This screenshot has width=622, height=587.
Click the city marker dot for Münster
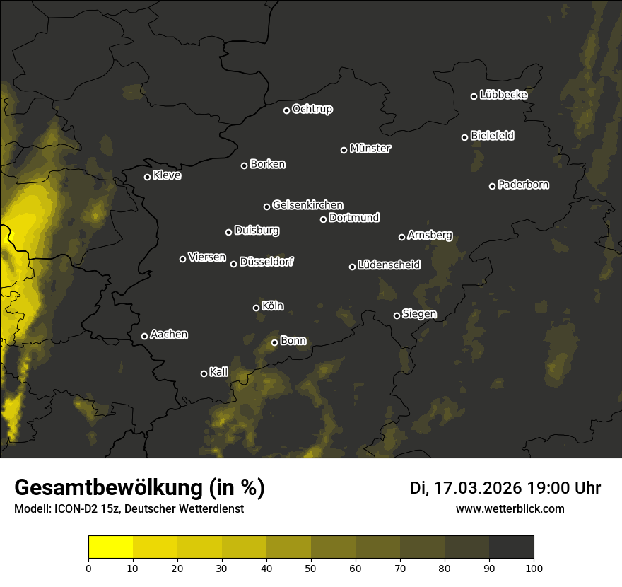point(344,150)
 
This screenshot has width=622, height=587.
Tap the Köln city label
point(273,306)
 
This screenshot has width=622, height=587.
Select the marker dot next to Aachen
point(144,336)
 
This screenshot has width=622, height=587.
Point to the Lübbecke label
point(503,95)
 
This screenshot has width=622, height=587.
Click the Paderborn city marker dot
point(493,186)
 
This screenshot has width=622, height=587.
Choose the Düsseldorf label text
point(266,262)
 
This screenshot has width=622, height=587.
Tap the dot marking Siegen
point(397,315)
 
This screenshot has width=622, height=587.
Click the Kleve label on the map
point(167,175)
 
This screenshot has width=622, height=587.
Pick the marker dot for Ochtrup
point(286,110)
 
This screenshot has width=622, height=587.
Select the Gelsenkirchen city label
point(307,205)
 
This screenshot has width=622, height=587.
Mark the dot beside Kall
point(204,373)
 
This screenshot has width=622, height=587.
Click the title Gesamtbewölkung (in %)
point(139,488)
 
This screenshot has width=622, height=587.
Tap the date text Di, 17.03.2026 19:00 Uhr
point(505,488)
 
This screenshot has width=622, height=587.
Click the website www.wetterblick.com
point(510,508)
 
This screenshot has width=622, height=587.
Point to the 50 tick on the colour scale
point(311,567)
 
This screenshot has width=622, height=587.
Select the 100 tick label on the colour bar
point(534,567)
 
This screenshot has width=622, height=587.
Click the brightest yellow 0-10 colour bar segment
point(111,547)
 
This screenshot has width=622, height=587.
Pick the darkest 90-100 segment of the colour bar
point(511,547)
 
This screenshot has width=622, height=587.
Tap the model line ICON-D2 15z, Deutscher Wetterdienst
point(129,509)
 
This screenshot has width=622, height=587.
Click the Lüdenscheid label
point(389,265)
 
